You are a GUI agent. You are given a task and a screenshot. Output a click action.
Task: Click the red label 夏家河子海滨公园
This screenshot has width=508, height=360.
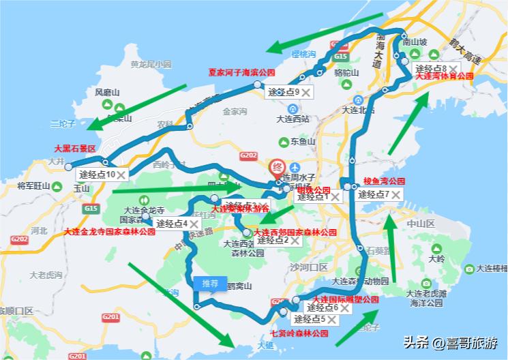click(241, 72)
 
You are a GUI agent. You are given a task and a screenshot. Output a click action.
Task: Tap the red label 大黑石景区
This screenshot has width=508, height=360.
click(75, 147)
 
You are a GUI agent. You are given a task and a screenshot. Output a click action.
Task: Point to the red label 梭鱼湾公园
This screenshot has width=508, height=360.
click(384, 181)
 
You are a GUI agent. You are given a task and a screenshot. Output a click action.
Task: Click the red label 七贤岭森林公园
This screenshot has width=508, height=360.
click(299, 333)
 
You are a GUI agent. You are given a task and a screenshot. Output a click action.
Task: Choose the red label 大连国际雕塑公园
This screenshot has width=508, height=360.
click(345, 299)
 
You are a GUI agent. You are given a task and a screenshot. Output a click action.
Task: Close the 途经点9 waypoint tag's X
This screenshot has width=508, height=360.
click(307, 92)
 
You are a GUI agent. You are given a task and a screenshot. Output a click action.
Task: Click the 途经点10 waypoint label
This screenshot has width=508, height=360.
click(97, 175)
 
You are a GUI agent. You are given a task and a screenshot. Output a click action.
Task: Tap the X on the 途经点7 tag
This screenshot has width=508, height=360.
click(395, 195)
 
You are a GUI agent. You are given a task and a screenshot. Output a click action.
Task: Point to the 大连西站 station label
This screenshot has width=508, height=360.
click(293, 119)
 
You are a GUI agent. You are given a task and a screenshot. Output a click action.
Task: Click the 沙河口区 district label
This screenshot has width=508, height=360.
click(309, 267)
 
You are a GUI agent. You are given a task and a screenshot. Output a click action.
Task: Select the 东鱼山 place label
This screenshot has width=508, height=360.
click(303, 142)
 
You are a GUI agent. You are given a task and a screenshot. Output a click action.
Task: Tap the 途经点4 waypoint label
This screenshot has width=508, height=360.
click(171, 224)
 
